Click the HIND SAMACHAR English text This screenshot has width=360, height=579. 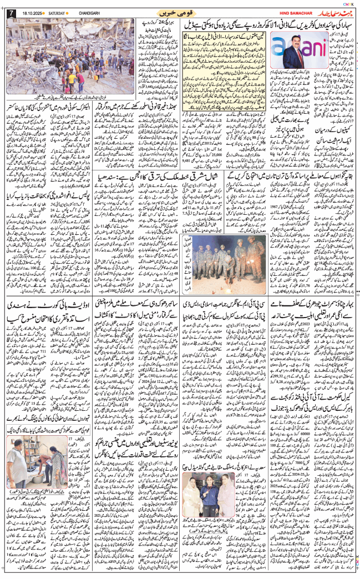[278, 13]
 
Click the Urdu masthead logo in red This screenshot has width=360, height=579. [332, 12]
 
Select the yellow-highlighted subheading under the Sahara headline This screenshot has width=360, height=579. [227, 39]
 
